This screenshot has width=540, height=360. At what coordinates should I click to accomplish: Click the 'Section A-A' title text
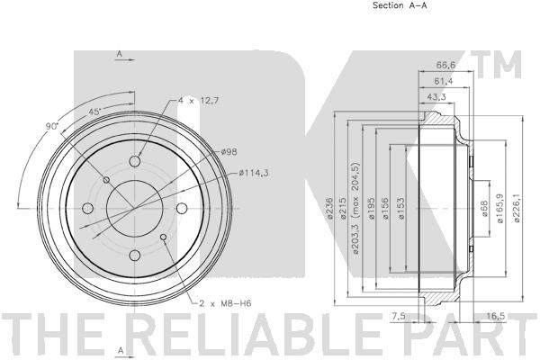pyautogui.click(x=400, y=5)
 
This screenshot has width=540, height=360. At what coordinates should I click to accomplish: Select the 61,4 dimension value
pyautogui.click(x=444, y=81)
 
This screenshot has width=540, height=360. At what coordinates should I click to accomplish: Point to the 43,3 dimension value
pyautogui.click(x=436, y=97)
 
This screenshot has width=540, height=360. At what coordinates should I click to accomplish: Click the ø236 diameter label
pyautogui.click(x=329, y=208)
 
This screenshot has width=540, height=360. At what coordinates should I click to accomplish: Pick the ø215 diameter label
pyautogui.click(x=343, y=208)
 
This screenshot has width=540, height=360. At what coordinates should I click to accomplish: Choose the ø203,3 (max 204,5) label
pyautogui.click(x=355, y=208)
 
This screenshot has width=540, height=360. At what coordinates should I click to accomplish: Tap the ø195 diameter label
pyautogui.click(x=371, y=209)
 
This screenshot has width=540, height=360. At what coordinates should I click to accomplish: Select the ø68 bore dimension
pyautogui.click(x=484, y=209)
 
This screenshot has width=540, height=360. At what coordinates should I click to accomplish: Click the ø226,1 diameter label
pyautogui.click(x=517, y=208)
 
